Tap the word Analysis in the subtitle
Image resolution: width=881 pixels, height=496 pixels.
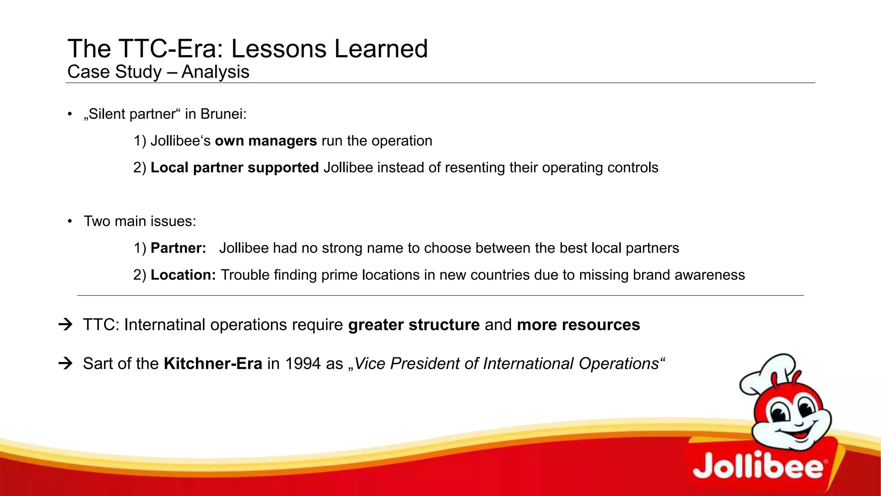click(x=215, y=72)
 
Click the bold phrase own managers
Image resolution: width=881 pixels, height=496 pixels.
click(x=266, y=141)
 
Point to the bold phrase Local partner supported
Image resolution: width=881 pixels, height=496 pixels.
click(x=234, y=168)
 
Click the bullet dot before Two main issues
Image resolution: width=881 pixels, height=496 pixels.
click(x=70, y=222)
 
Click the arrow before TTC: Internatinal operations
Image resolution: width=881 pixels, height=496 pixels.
click(x=65, y=325)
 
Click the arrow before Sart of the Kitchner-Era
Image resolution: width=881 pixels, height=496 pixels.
click(x=65, y=364)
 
